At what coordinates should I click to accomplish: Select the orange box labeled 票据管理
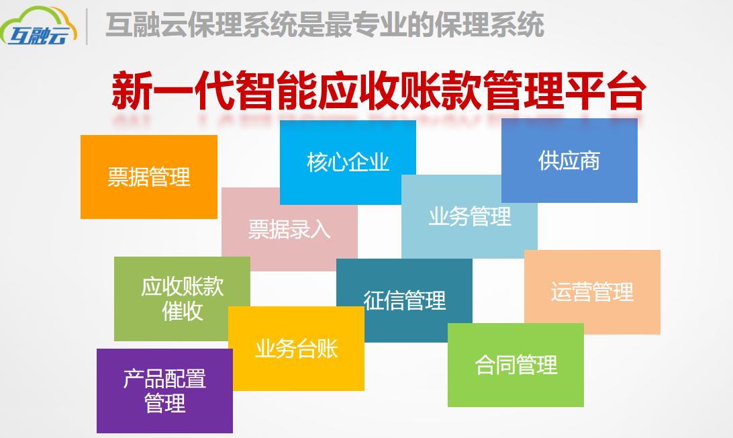point(148,177)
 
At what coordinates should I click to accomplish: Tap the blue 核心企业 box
point(348,162)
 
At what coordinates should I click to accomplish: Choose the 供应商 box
point(569,161)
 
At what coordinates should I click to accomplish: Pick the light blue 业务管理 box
point(469,216)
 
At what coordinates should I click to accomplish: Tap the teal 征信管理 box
point(404,300)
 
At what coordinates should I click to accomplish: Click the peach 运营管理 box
point(592,292)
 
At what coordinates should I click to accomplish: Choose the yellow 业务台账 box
point(296,349)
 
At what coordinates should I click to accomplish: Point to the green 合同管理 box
point(516,365)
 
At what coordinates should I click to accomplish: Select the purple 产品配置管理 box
point(164,391)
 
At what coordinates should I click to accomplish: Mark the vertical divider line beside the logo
point(88,27)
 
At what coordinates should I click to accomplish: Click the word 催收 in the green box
point(182,312)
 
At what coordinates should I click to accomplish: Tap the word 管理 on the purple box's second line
point(164,404)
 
